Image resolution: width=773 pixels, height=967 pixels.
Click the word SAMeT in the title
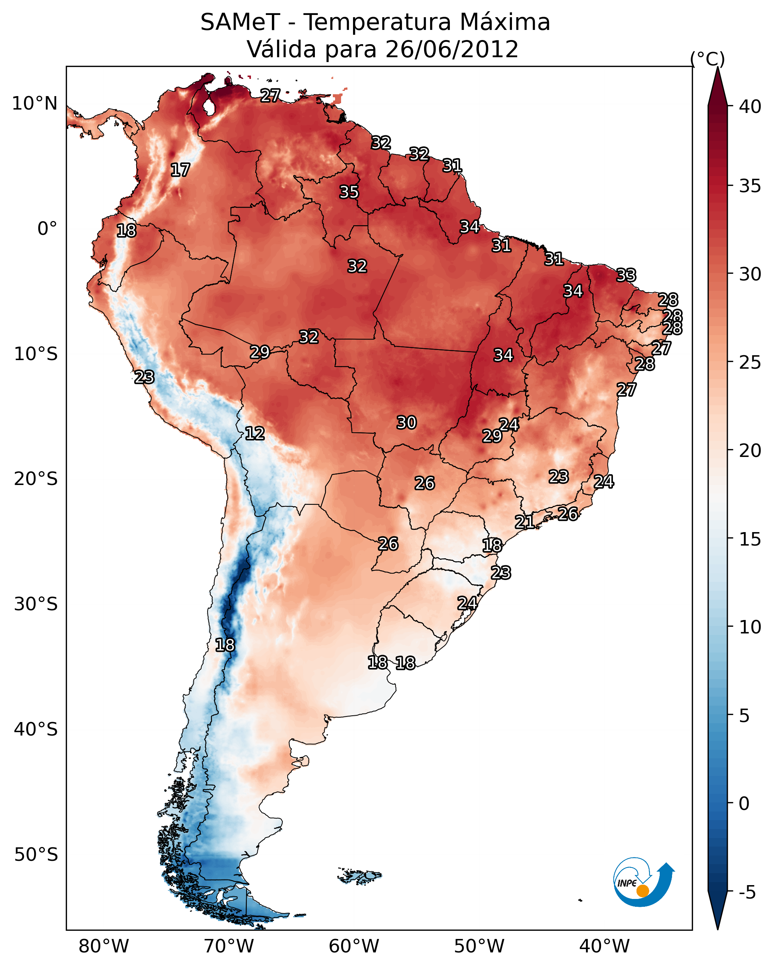pos(240,22)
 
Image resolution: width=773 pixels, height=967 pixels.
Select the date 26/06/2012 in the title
pos(451,49)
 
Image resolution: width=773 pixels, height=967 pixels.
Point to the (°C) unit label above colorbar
pos(707,59)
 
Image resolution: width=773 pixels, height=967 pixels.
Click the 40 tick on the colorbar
pos(750,107)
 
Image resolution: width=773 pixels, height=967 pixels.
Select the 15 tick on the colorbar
pos(750,539)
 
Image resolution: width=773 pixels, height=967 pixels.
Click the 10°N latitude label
pos(34,104)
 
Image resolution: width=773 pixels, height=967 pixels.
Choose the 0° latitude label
pos(47,229)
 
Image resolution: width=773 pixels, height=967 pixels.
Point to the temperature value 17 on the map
pos(180,170)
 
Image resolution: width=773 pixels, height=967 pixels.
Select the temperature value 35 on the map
pos(349,192)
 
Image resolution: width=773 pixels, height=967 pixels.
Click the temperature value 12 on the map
pos(255,433)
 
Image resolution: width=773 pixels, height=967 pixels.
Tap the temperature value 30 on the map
pos(407,423)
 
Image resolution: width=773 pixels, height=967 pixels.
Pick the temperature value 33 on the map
pos(626,275)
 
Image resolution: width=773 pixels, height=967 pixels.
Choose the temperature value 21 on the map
pos(524,522)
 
